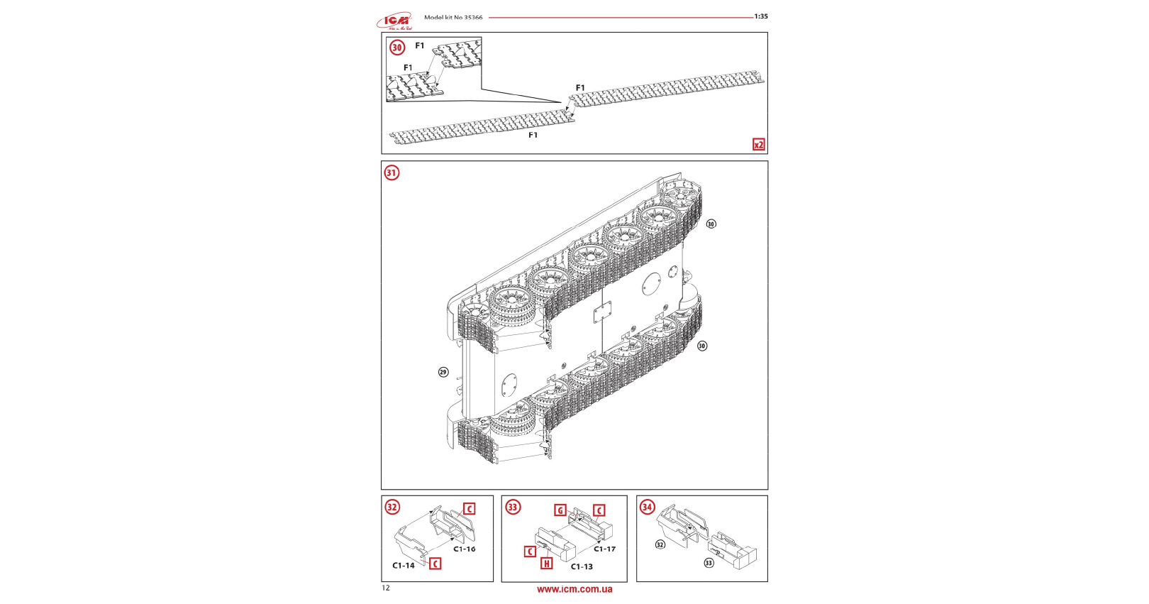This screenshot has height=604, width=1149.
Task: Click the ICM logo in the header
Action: coord(394,21)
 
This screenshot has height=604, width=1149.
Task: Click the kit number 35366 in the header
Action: coord(473,17)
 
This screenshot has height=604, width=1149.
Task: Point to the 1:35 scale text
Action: coord(760,16)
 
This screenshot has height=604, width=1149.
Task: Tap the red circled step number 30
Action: coord(397,48)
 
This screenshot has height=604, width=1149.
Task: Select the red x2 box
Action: coord(758,145)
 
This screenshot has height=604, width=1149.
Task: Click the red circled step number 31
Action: coord(392,172)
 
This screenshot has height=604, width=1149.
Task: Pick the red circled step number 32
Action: coord(392,507)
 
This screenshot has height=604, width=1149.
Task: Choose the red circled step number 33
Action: coord(513,507)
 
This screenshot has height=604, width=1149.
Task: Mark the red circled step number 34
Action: coord(647,507)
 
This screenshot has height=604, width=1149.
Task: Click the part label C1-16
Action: coord(465,549)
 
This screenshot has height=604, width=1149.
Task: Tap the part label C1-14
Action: coord(404,566)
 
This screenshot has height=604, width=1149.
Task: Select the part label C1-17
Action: coord(605,549)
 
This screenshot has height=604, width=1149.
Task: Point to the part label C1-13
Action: coord(582,566)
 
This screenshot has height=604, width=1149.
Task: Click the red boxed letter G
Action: coord(560,510)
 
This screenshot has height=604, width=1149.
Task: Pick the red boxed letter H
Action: coord(546,564)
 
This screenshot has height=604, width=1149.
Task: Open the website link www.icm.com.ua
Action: coord(574,589)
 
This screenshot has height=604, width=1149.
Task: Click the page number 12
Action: coord(386,588)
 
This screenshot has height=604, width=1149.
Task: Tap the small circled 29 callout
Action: coord(443,372)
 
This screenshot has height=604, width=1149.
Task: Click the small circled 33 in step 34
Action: coord(709,563)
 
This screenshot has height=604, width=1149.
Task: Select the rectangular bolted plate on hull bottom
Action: coord(602,313)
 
